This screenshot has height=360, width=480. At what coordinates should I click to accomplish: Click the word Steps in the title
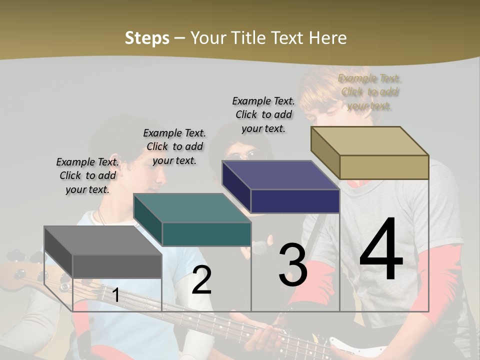(x=147, y=38)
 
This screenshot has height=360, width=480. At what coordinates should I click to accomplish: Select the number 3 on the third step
(x=292, y=264)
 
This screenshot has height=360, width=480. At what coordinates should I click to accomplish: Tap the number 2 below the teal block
(x=201, y=280)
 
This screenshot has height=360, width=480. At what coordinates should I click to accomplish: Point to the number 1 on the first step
(x=115, y=295)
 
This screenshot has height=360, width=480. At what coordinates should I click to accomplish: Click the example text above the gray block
(x=87, y=175)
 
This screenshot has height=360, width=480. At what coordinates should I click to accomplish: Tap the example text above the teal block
(x=174, y=146)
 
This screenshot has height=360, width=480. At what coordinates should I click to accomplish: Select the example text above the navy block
(x=263, y=114)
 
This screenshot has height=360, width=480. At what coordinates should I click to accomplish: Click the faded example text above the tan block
(x=369, y=92)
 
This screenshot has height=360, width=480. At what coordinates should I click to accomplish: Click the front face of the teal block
(x=206, y=234)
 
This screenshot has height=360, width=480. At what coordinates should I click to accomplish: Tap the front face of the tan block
(x=384, y=167)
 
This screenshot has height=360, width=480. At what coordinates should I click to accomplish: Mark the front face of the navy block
(x=295, y=201)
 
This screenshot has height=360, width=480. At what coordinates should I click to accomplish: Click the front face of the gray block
(x=117, y=266)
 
